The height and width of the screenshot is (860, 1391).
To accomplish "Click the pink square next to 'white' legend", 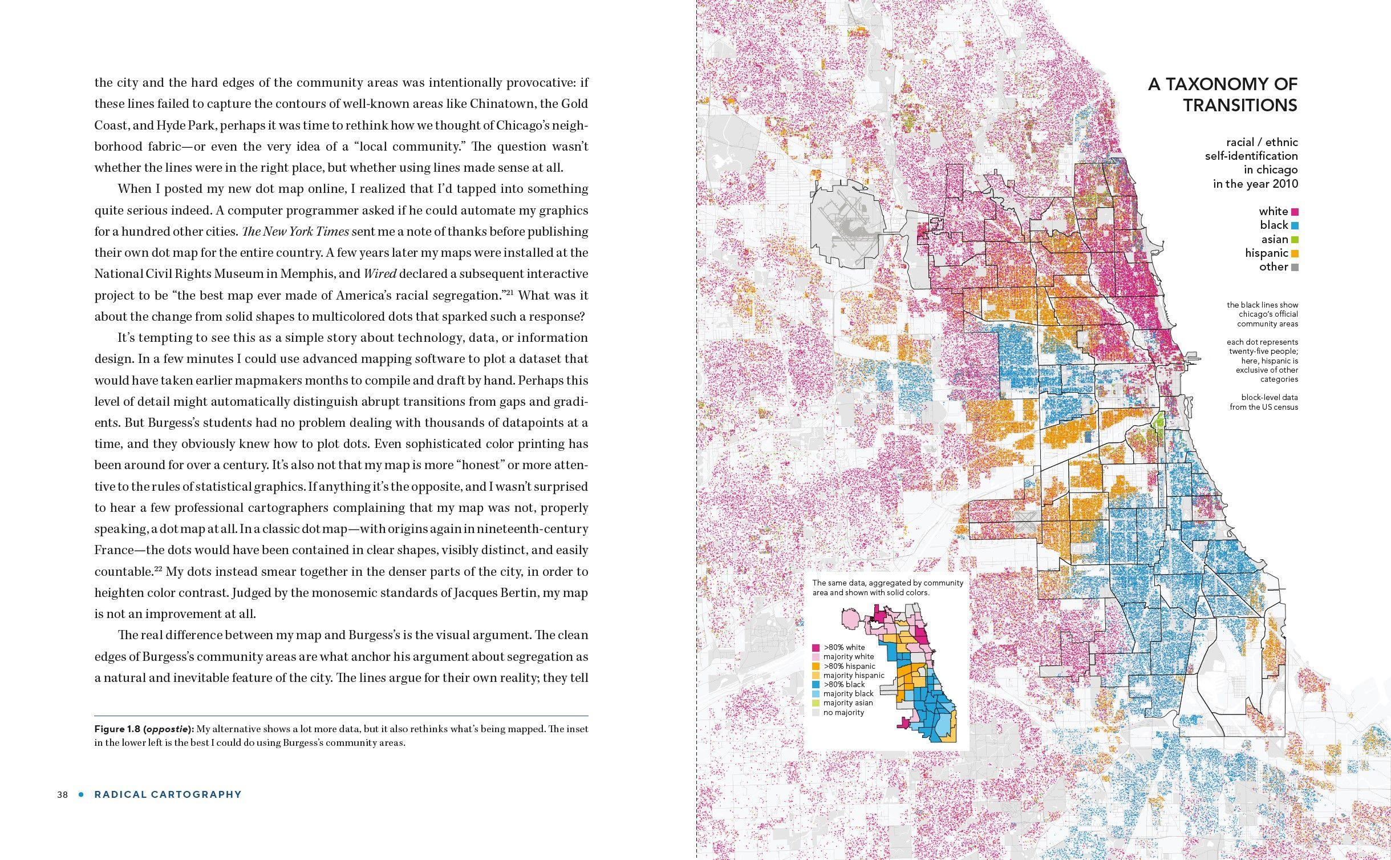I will click(x=1295, y=212).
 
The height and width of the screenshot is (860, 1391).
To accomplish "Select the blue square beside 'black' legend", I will click(x=1295, y=225).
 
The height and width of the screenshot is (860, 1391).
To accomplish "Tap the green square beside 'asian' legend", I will click(x=1295, y=240).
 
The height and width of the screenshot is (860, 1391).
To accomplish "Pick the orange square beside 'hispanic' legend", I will click(x=1295, y=253).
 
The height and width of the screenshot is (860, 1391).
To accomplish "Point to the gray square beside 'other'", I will click(x=1295, y=267).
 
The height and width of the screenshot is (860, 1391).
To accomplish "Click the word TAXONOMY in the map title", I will click(x=1223, y=84).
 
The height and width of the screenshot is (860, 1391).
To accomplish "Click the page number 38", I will click(x=62, y=794).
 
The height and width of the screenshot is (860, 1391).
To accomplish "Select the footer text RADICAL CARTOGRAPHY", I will click(x=168, y=794).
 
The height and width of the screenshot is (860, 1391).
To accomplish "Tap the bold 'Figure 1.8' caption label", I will click(x=117, y=729).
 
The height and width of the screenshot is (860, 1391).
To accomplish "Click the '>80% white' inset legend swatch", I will click(x=817, y=648).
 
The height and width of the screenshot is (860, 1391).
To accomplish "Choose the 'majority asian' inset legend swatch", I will click(x=817, y=703).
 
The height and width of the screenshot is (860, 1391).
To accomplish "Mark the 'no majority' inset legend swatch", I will click(x=817, y=713).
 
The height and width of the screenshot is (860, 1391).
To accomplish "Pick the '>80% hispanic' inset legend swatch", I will click(x=817, y=666).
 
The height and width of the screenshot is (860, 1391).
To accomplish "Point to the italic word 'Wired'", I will click(x=379, y=274).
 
